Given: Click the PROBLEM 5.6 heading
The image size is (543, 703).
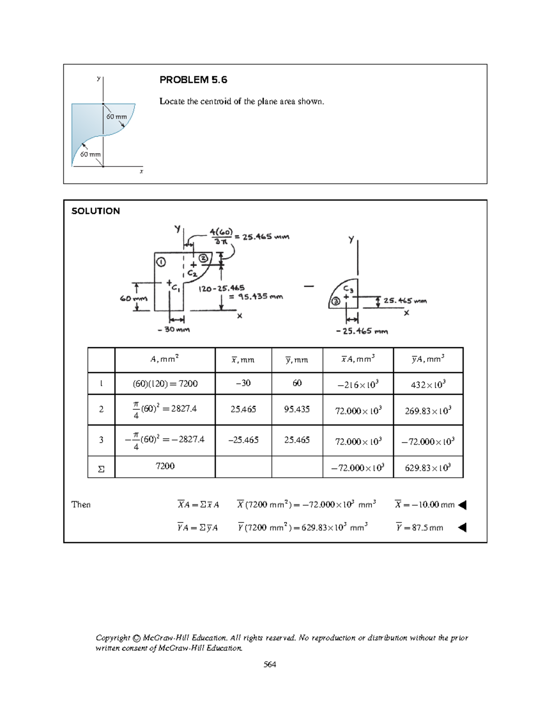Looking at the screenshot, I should pos(193,80).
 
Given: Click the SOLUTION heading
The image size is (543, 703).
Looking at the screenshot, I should pos(95,211).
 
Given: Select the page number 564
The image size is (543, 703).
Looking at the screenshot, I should pos(270,665).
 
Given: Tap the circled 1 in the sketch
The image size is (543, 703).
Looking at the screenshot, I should pos(162,262).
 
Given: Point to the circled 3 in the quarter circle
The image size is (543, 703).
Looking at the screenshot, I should pos(335,302).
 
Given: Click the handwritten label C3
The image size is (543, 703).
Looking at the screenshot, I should pos(348,289).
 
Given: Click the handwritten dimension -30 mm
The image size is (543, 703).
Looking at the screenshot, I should pos(174,330).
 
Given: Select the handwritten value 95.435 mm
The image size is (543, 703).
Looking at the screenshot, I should pos(256,297).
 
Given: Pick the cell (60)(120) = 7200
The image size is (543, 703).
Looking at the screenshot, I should pos(165,383).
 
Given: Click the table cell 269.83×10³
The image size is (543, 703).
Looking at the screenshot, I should pos(428,411).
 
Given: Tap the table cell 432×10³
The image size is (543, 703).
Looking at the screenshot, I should pos(428,384).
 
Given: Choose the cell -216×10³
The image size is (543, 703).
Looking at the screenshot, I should pos(357,384).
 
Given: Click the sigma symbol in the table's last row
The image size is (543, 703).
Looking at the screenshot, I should pos(101,469).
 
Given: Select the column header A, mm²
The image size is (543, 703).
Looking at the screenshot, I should pos(165,359).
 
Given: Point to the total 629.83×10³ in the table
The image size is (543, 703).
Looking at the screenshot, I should pos(428,468).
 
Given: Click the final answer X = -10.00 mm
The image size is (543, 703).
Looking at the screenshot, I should pos(424,504).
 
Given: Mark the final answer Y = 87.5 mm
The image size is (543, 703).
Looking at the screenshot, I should pos(419,527).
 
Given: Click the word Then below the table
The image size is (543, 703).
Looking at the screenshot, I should pos(81,504).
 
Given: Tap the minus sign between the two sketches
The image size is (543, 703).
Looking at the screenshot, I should pos(309,286).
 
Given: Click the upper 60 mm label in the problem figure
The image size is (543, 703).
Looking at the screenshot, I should pos(116,116).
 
